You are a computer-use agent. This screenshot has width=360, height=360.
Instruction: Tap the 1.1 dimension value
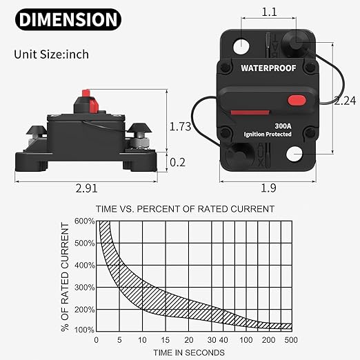tap(270, 12)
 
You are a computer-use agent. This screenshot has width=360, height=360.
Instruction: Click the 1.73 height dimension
tap(180, 126)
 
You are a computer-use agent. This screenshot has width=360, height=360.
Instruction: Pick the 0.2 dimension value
tap(177, 162)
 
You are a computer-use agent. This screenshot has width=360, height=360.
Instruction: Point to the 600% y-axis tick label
tap(83, 221)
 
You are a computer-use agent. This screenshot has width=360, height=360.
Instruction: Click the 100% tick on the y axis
tap(83, 330)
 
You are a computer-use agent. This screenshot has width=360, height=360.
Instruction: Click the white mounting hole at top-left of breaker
tap(242, 47)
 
